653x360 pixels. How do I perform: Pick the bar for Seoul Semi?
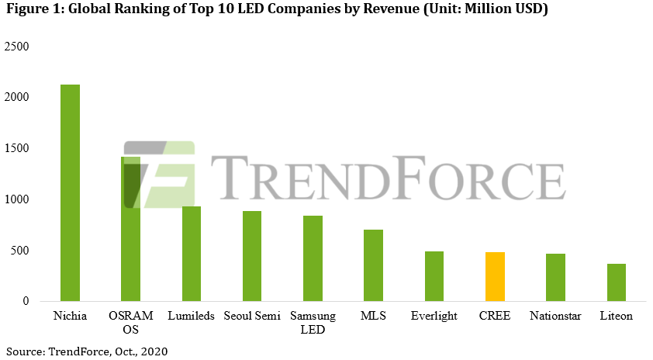(252, 256)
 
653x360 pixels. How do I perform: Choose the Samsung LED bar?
(313, 258)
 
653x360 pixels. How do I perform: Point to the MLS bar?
(373, 265)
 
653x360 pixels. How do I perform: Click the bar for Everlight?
(434, 276)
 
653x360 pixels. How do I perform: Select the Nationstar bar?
(555, 277)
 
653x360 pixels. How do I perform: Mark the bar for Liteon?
(616, 282)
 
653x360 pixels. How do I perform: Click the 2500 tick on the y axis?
(16, 47)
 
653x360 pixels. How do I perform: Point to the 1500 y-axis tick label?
(16, 148)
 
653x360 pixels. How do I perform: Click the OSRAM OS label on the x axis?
(131, 323)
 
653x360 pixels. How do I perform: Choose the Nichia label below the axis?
(70, 317)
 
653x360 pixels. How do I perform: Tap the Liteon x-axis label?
(616, 317)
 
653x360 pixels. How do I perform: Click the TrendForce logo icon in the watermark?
(159, 175)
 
